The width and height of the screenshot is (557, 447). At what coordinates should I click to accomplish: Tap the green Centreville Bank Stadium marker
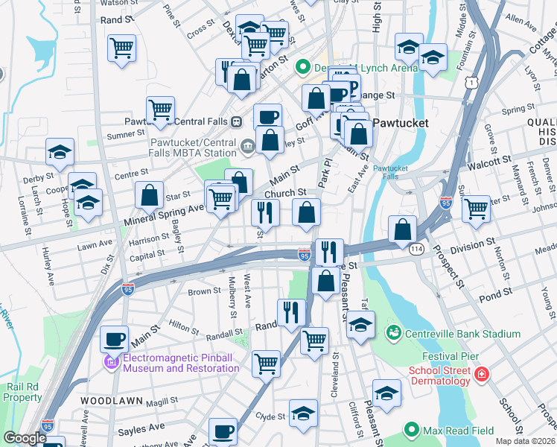click(x=392, y=333)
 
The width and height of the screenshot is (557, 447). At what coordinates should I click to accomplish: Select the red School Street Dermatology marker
click(x=482, y=373)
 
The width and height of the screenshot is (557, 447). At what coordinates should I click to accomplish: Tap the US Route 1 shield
click(x=470, y=85)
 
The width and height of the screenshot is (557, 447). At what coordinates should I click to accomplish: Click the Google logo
click(x=25, y=438)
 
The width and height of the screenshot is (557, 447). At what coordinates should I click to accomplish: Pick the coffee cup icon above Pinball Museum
click(x=114, y=340)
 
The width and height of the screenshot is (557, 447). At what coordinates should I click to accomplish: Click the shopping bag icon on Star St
click(x=150, y=195)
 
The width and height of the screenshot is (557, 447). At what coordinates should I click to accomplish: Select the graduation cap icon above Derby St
click(x=60, y=152)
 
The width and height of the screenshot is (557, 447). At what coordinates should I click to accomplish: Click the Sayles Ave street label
click(x=141, y=428)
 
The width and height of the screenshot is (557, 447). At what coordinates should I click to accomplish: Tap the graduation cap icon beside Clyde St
click(x=303, y=413)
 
